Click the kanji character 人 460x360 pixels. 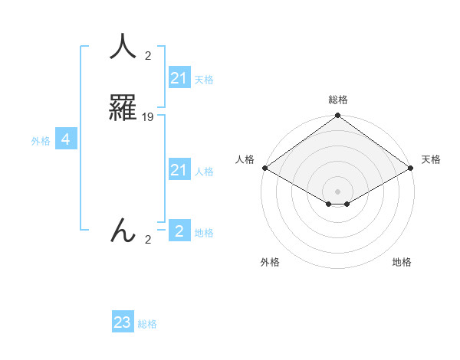point(122,47)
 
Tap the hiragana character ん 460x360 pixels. point(122,230)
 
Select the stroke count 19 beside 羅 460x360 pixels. point(148,117)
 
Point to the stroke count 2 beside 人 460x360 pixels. point(148,56)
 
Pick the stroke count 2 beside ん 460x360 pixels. point(148,240)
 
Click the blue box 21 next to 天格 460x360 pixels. point(179,77)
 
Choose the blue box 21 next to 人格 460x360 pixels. point(179,169)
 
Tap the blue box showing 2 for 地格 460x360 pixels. point(179,231)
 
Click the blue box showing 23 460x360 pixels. point(123,322)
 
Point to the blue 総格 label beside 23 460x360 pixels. point(147,324)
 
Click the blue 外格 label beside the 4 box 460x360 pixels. point(41,140)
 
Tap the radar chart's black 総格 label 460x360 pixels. point(337,100)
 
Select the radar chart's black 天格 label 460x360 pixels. point(432,159)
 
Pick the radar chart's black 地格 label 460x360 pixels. point(402,263)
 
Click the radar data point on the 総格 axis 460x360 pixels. point(337,116)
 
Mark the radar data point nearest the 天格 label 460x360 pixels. point(412,168)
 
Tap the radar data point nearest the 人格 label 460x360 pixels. point(264,168)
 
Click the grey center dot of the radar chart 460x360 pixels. point(337,191)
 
